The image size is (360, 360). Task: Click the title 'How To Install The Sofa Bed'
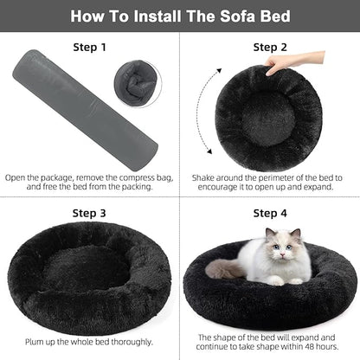180,16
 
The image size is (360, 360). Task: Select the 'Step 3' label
90,212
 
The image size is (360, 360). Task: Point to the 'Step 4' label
270,212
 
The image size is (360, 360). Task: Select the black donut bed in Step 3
90,277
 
